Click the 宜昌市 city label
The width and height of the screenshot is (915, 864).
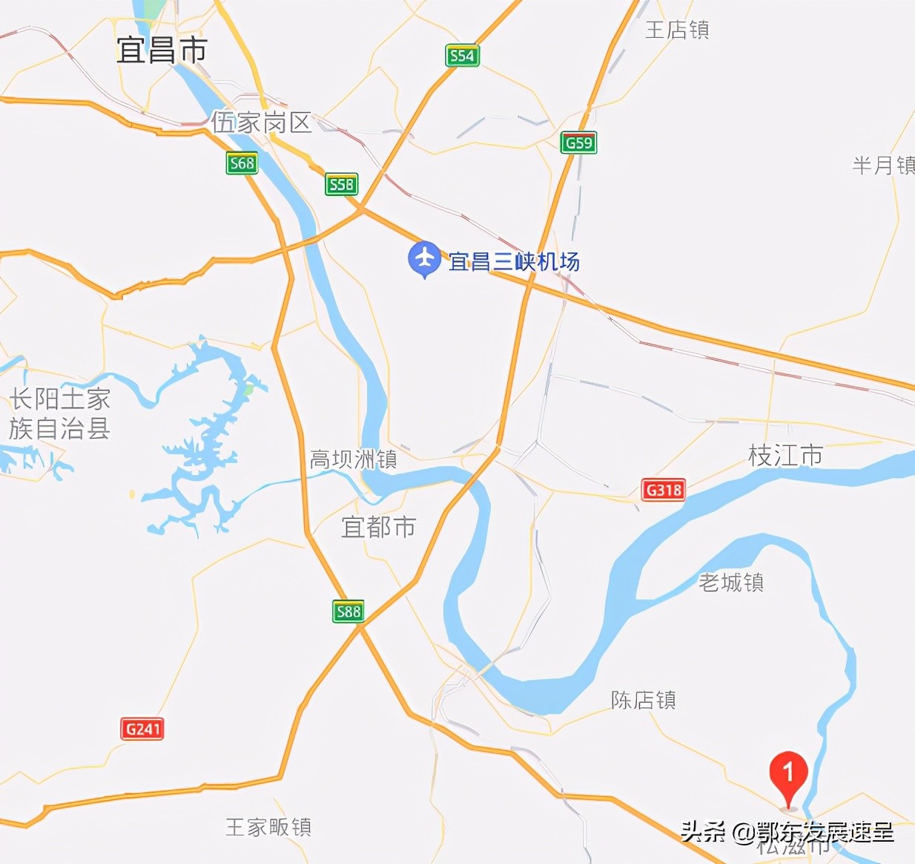162,50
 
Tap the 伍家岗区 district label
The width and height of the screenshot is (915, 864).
261,122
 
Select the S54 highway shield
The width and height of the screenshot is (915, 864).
462,56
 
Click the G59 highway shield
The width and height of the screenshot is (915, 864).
578,143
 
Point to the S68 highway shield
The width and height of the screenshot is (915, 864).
242,163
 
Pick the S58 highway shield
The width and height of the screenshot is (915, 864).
341,184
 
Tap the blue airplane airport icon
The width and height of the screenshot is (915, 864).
424,258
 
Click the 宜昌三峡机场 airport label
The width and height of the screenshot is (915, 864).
514,262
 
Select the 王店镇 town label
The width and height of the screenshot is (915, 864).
677,30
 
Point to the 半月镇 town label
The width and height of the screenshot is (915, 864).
883,165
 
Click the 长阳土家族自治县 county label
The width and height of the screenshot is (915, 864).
59,413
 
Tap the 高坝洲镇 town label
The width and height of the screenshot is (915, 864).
353,459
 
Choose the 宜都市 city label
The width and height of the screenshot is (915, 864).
378,527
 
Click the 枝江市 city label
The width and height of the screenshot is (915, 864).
786,456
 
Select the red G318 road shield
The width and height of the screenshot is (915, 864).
663,490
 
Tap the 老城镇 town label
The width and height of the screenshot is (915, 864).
731,583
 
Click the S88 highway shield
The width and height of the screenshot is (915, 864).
348,612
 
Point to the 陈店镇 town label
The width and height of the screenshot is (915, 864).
644,700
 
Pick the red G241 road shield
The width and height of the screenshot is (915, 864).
142,729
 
